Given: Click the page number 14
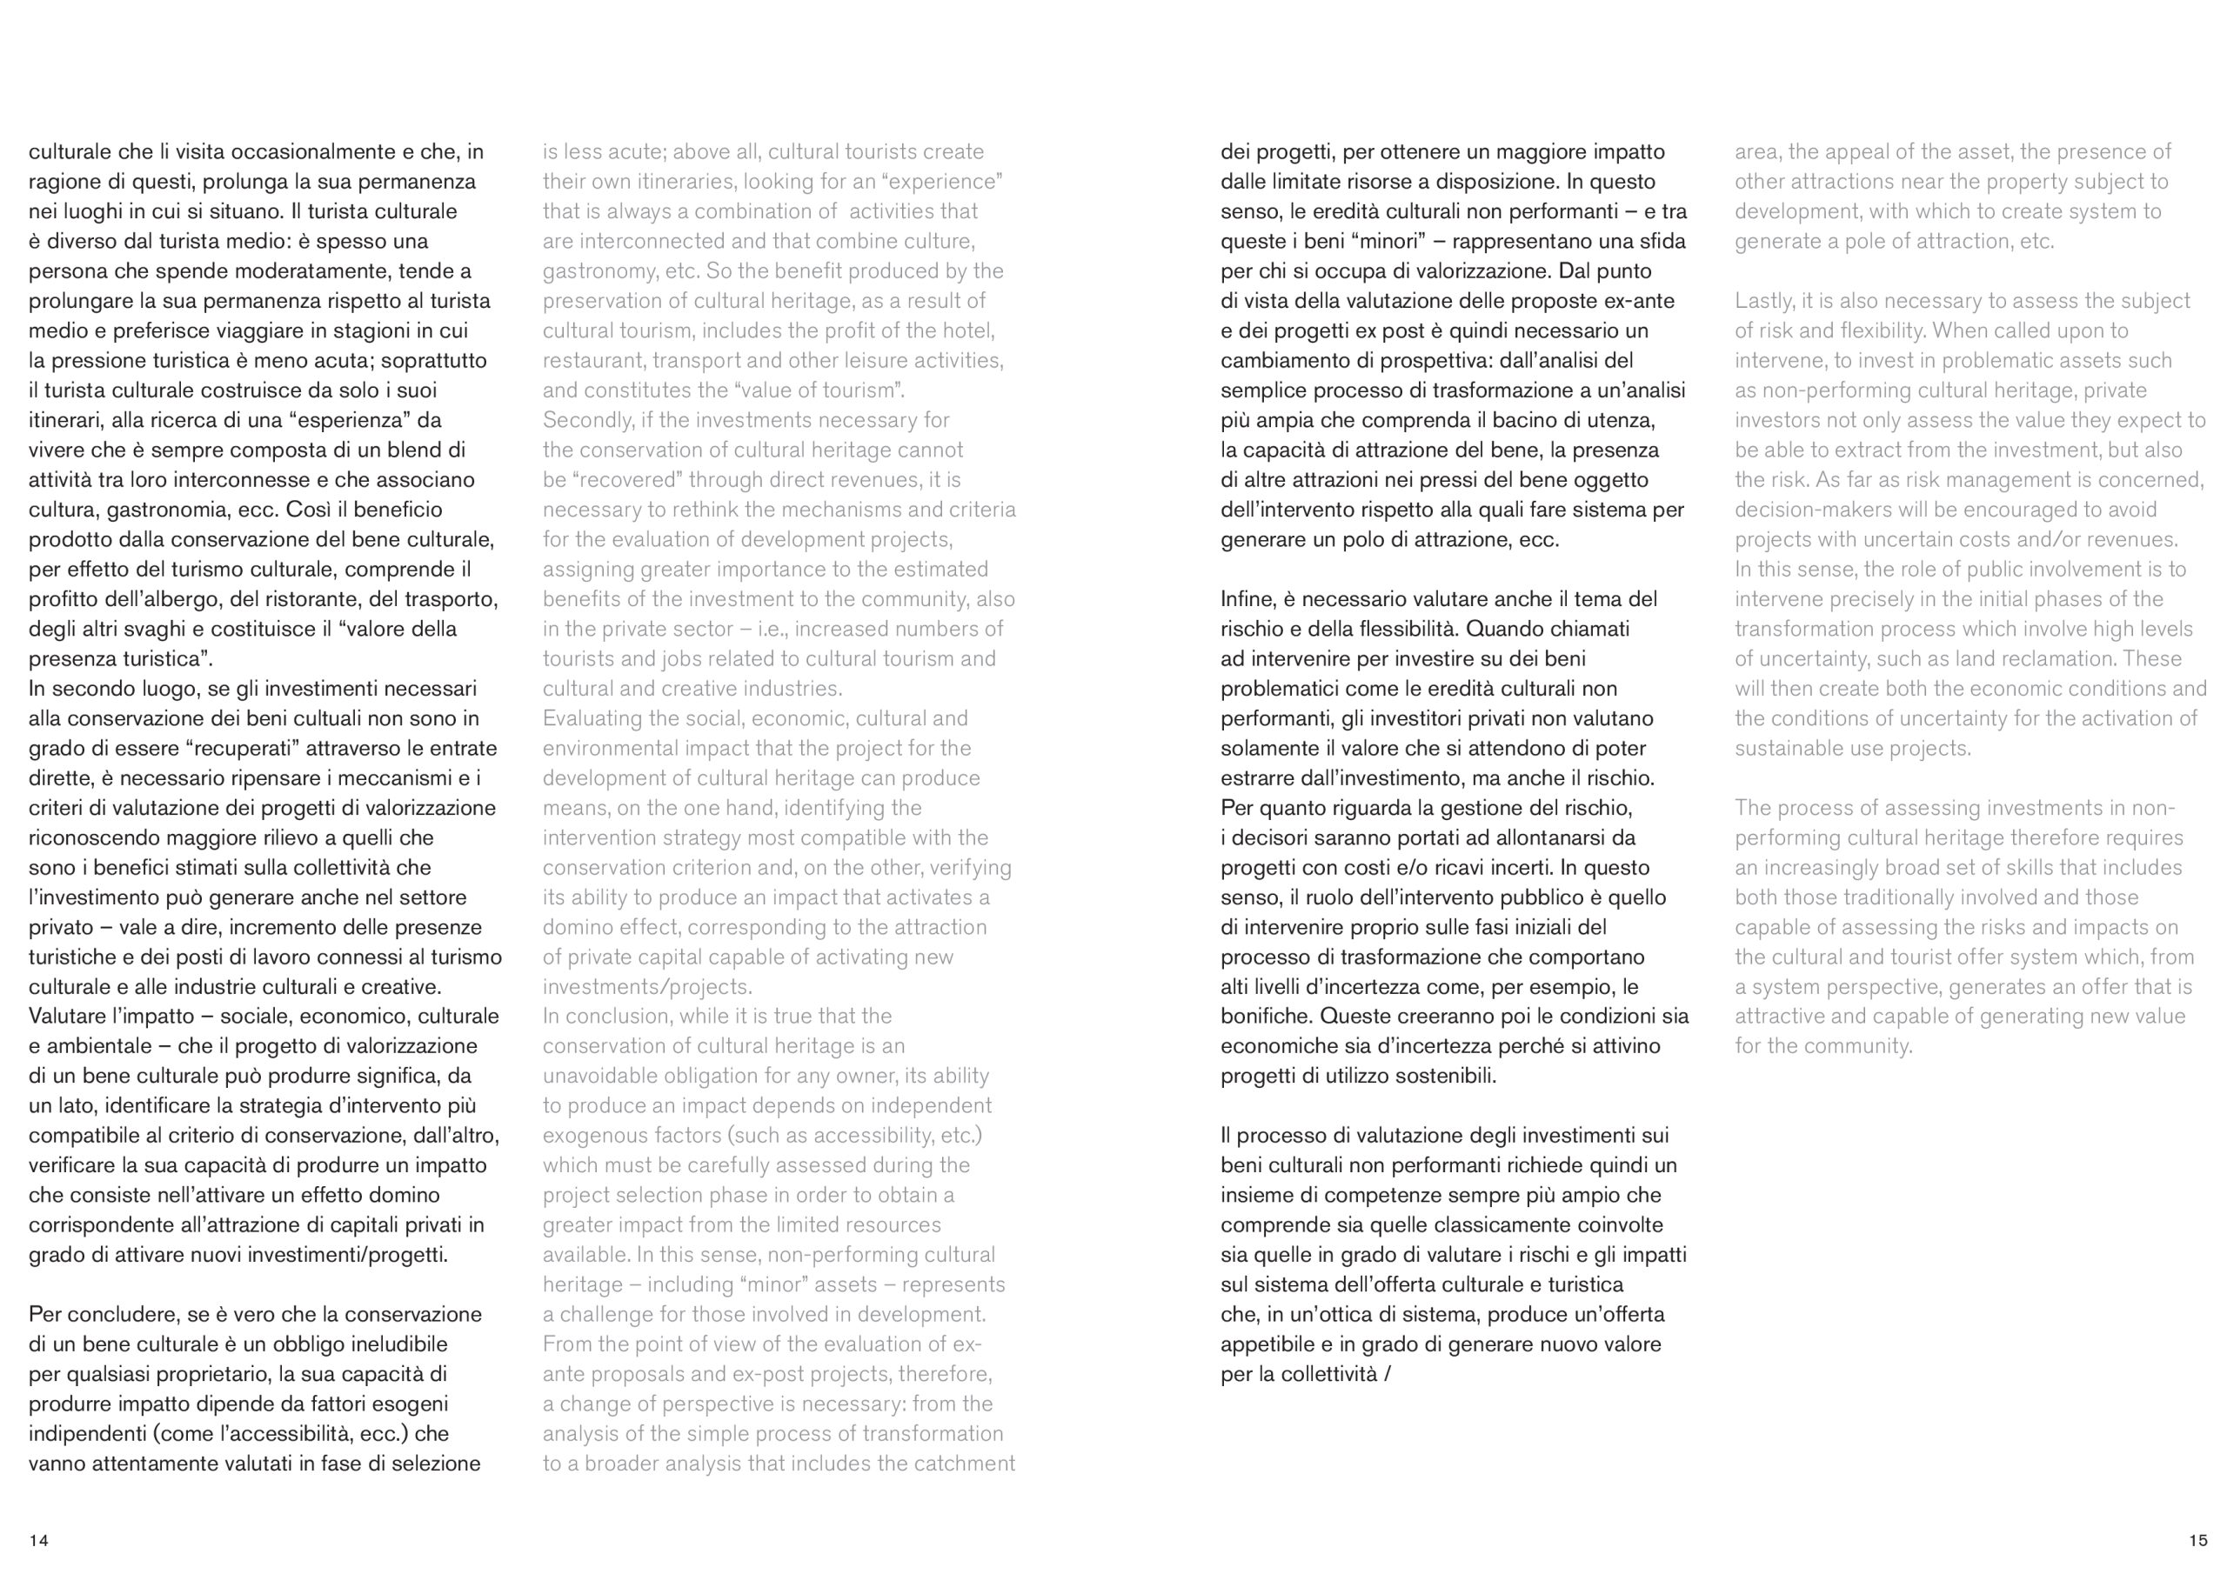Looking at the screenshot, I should pos(39,1540).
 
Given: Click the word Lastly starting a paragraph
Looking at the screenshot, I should pos(1762,301).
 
